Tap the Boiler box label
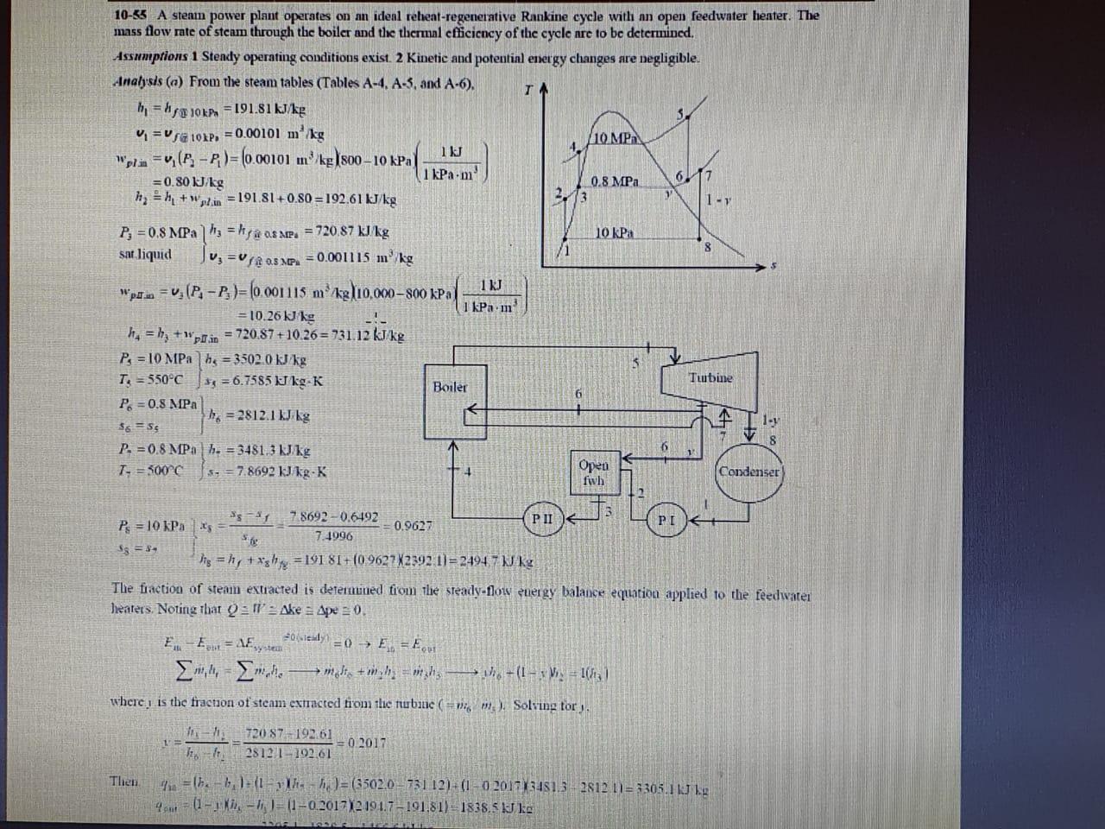(x=450, y=387)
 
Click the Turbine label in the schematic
(x=710, y=377)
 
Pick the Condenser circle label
(x=749, y=472)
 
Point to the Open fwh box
(x=593, y=471)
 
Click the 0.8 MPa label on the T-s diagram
(x=615, y=182)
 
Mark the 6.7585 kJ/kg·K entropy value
(x=266, y=382)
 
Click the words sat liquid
(x=144, y=256)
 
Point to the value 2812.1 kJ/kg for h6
(x=268, y=416)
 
